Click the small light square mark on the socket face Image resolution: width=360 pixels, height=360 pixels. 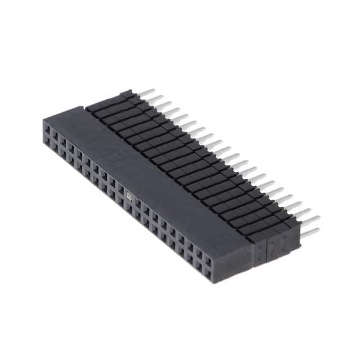tap(129, 196)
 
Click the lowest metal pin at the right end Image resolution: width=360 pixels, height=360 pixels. tap(310, 231)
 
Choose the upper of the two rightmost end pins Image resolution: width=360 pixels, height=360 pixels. tap(310, 218)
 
